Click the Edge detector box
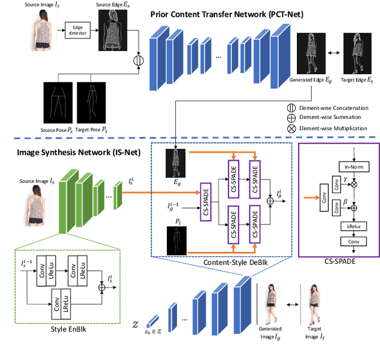(x=77, y=31)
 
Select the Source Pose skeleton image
(x=58, y=98)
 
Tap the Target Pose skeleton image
(x=90, y=98)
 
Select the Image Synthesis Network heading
(x=66, y=153)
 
